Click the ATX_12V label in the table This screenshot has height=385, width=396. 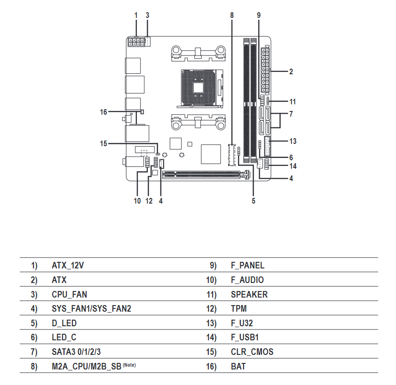[x=68, y=265]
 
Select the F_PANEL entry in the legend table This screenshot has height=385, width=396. [x=247, y=265]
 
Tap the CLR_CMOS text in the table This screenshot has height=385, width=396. [x=252, y=352]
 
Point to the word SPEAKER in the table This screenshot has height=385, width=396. [x=249, y=294]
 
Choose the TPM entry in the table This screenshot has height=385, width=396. [x=239, y=309]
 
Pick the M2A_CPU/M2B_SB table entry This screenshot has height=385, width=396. [x=87, y=366]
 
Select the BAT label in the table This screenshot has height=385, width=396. [x=238, y=366]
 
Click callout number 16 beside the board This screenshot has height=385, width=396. [x=104, y=112]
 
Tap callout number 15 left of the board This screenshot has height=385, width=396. [x=104, y=143]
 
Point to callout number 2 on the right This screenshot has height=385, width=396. [x=291, y=72]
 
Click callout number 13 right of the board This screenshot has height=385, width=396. [x=293, y=141]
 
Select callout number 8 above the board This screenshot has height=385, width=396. [x=232, y=15]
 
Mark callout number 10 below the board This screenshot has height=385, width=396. [x=137, y=201]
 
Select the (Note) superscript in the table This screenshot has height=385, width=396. [x=132, y=365]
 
